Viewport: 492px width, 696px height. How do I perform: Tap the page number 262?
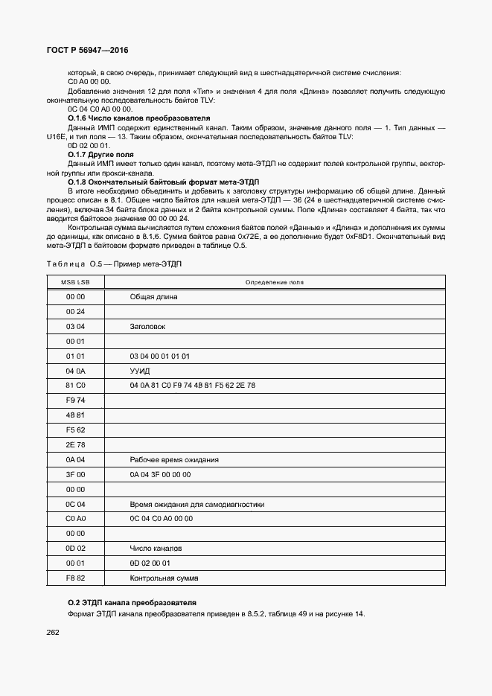pyautogui.click(x=52, y=632)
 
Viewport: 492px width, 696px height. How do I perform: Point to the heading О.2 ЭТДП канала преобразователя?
pyautogui.click(x=132, y=602)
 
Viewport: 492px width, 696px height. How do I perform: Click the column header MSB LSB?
pyautogui.click(x=75, y=283)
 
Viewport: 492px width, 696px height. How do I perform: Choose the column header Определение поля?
pyautogui.click(x=275, y=283)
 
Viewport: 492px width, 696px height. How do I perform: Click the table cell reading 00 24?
pyautogui.click(x=75, y=311)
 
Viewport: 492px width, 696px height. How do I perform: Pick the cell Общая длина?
pyautogui.click(x=153, y=296)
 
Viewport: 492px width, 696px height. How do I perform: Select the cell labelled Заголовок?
pyautogui.click(x=147, y=326)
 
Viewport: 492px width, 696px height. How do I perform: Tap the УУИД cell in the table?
pyautogui.click(x=140, y=370)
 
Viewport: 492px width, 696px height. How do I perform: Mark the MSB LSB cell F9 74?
pyautogui.click(x=75, y=400)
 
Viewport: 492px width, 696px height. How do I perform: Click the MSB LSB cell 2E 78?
pyautogui.click(x=75, y=444)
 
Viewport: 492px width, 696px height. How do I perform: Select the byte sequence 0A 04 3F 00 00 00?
pyautogui.click(x=160, y=474)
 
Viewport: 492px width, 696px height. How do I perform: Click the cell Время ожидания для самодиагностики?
pyautogui.click(x=197, y=504)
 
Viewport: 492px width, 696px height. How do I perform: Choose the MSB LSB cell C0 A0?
pyautogui.click(x=75, y=518)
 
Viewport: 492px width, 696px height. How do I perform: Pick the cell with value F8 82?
pyautogui.click(x=75, y=578)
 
